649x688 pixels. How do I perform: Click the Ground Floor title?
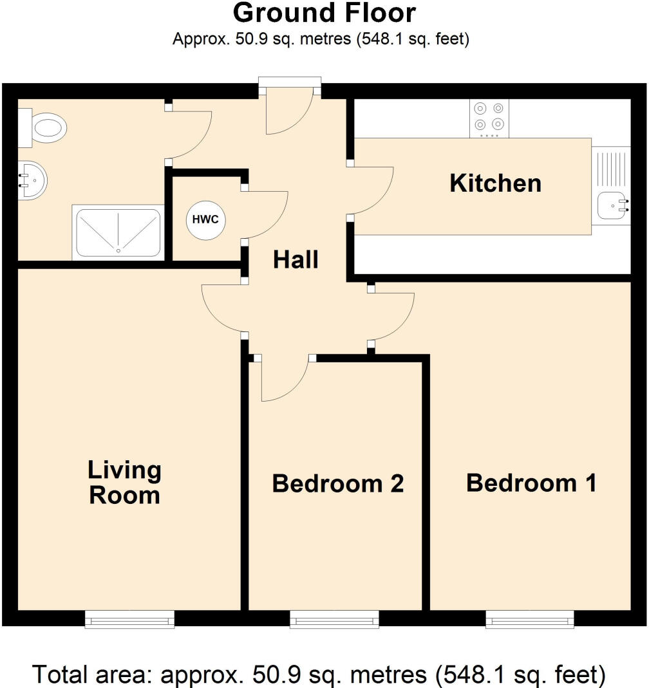(x=324, y=14)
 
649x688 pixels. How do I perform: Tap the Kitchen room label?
(x=495, y=183)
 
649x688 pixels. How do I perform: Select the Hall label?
(x=296, y=260)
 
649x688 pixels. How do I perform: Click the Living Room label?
(x=124, y=483)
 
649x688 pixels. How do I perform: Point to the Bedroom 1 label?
(x=531, y=483)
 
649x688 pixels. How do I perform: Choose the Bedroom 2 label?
(x=337, y=483)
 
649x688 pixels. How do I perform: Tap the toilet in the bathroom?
(x=45, y=127)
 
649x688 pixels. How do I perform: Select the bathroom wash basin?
(x=31, y=180)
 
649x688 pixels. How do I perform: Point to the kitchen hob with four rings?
(x=489, y=117)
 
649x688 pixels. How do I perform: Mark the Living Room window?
(x=129, y=620)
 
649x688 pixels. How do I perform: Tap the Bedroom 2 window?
(x=334, y=620)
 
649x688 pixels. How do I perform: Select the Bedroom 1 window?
(x=530, y=620)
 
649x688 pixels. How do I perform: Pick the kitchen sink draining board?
(x=610, y=171)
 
